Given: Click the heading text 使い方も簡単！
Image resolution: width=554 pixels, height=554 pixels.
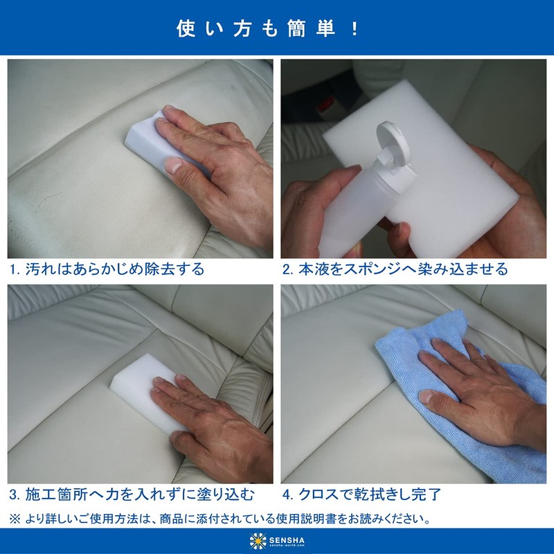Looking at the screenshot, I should click(277, 29).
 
